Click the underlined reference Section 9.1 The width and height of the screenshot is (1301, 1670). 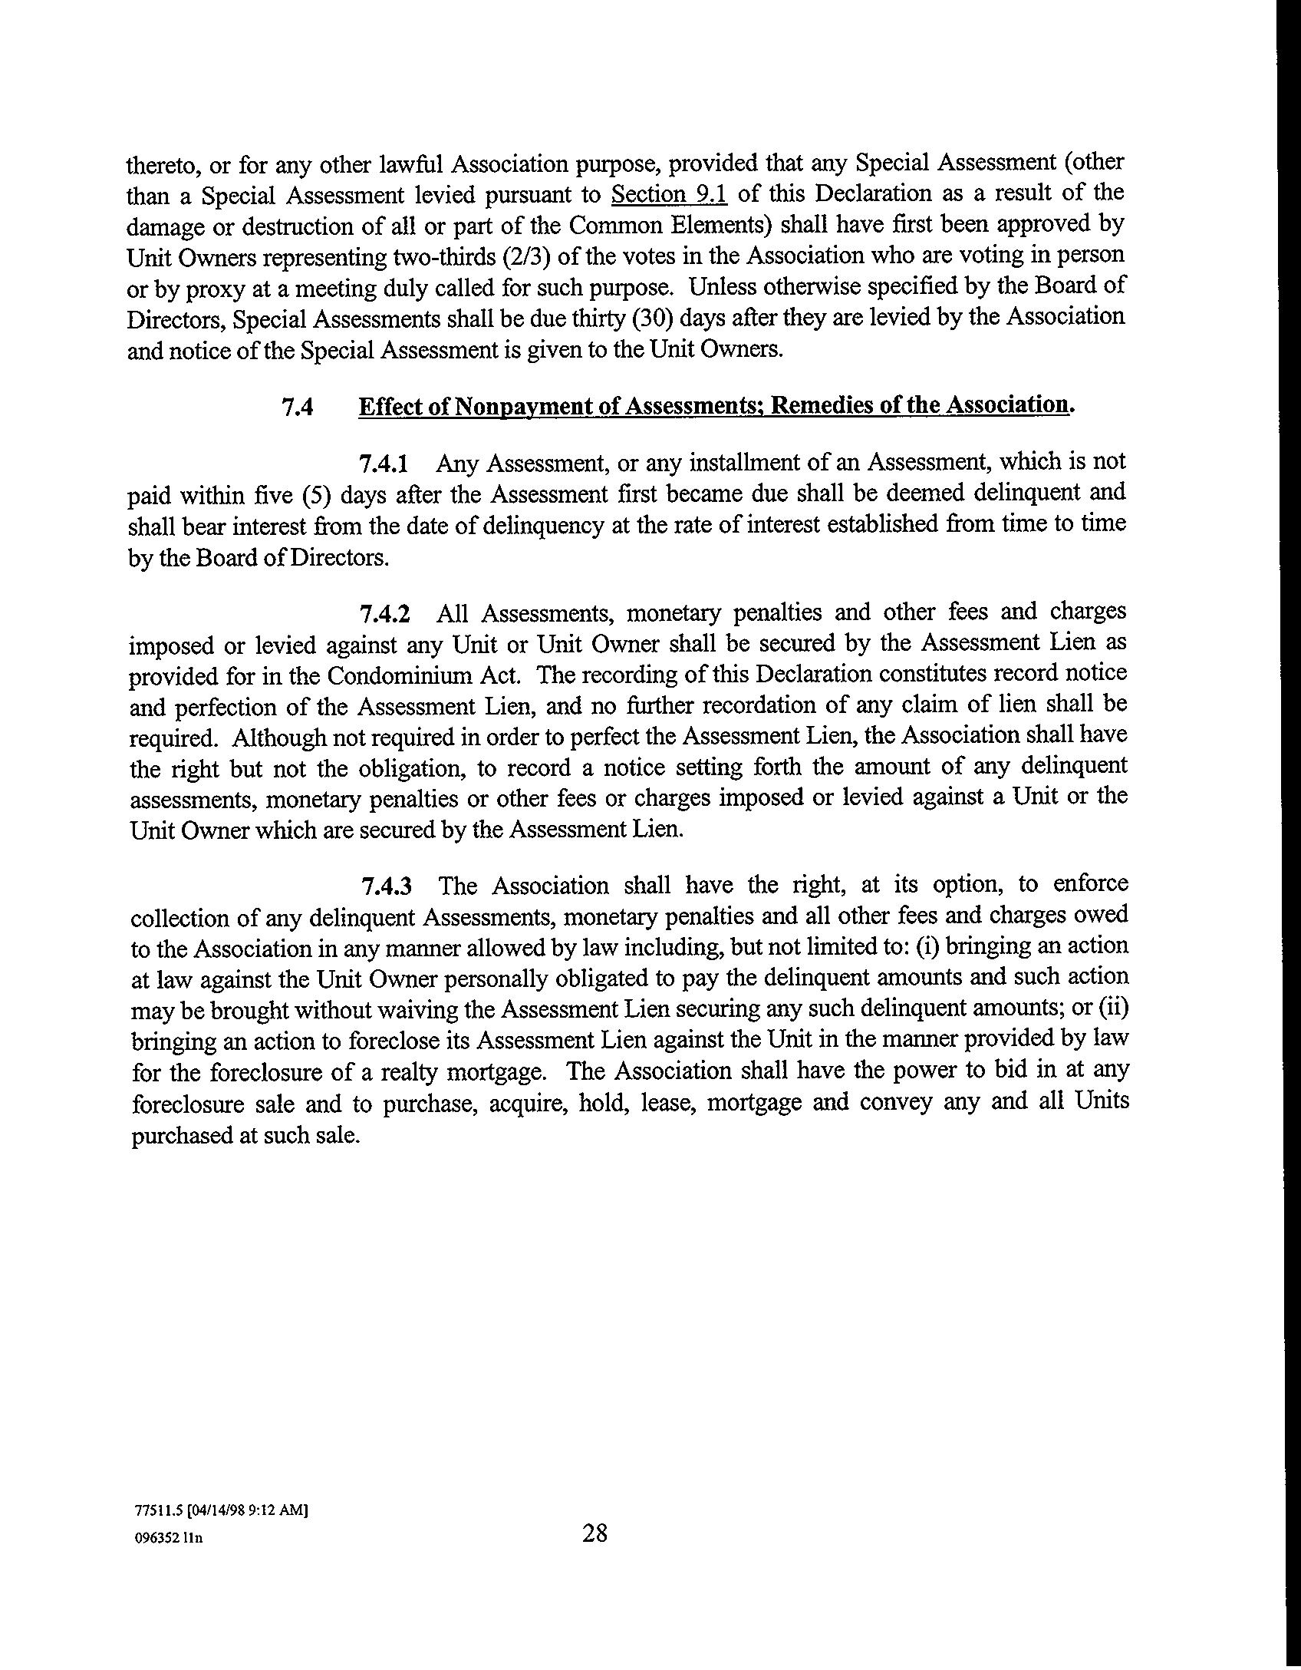click(669, 194)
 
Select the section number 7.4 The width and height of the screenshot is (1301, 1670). click(298, 407)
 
